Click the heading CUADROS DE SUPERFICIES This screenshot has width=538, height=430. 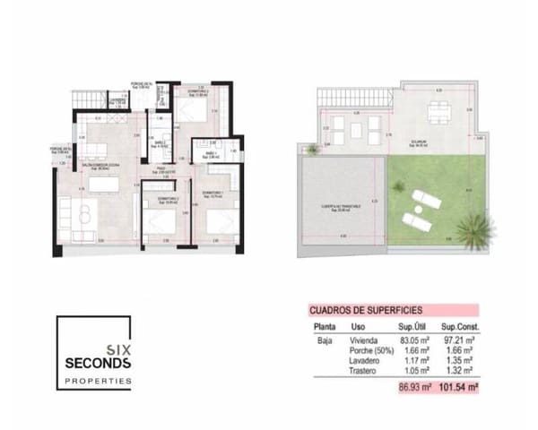(365, 309)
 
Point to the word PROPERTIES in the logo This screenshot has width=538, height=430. (99, 382)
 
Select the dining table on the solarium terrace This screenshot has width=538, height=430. (438, 111)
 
